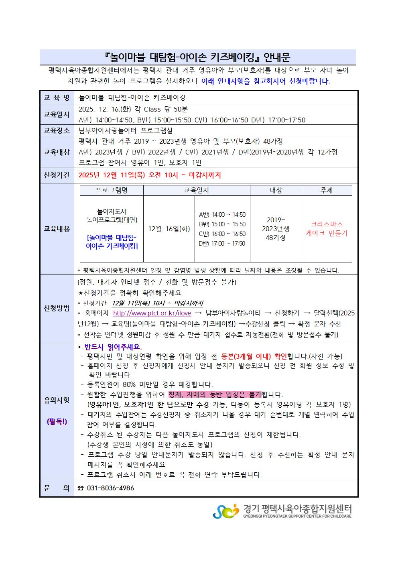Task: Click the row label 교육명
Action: tap(57, 98)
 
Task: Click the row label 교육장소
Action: tap(57, 131)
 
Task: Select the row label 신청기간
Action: tap(57, 175)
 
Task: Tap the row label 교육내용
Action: tap(57, 229)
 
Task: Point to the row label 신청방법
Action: tap(57, 308)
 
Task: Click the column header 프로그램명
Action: tap(112, 190)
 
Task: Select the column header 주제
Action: tap(326, 190)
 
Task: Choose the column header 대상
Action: tap(276, 190)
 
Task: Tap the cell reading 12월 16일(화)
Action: tap(169, 229)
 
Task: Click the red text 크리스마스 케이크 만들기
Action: tap(327, 229)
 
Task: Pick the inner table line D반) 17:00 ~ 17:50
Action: tap(222, 244)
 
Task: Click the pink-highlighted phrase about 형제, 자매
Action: tap(215, 394)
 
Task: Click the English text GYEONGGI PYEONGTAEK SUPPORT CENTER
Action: tap(297, 516)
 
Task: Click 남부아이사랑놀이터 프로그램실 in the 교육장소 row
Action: tap(126, 131)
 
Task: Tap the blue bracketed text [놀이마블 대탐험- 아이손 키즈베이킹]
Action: tap(112, 242)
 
